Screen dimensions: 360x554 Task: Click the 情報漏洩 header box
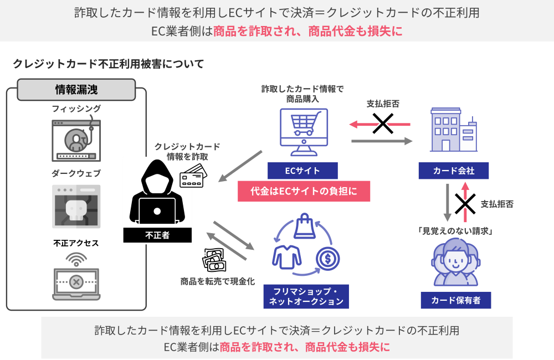(x=76, y=90)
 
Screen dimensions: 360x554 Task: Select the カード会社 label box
(x=454, y=171)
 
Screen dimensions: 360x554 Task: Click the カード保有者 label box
(x=455, y=300)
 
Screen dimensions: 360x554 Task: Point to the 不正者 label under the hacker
(x=157, y=235)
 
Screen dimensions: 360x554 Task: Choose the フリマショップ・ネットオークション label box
(x=306, y=296)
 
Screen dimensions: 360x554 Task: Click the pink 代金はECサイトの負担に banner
(x=304, y=191)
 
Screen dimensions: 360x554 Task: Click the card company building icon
(x=453, y=130)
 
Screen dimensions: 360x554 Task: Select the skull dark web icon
(x=76, y=207)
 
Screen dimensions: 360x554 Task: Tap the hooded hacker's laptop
(x=157, y=212)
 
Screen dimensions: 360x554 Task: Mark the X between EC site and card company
(x=382, y=124)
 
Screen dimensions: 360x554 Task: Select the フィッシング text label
(x=76, y=109)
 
